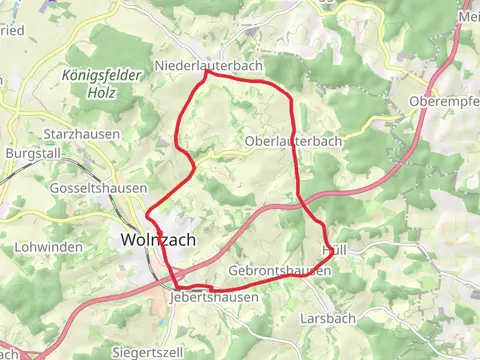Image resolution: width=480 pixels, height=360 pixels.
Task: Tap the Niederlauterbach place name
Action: coord(208,66)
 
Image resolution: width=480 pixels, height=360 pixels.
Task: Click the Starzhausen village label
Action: coord(82,134)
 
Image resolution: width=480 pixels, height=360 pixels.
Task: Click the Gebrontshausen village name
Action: coord(279,271)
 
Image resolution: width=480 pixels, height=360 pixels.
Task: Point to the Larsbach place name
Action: coord(328,318)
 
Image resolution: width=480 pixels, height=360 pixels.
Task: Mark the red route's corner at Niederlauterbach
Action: coord(207,72)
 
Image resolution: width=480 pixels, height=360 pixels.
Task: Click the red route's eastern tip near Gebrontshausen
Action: coord(332,258)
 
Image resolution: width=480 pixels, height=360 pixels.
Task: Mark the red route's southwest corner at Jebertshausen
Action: coord(177,288)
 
